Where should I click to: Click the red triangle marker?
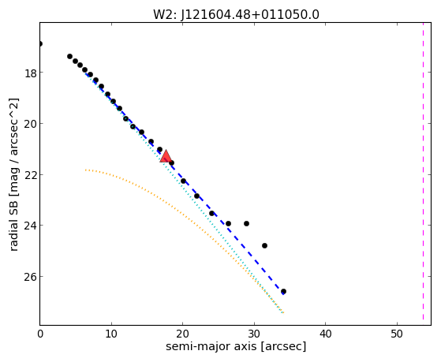[x=166, y=156]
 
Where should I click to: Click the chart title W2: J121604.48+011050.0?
[x=236, y=14]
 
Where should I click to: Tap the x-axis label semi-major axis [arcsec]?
[x=236, y=346]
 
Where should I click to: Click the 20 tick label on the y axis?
[x=30, y=124]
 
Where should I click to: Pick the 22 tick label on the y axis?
[x=30, y=174]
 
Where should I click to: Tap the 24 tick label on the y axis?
[x=30, y=226]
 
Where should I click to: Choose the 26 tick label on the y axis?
[x=30, y=277]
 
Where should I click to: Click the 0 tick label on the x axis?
[x=40, y=334]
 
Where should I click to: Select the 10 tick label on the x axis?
[x=111, y=334]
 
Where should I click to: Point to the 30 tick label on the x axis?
[x=254, y=334]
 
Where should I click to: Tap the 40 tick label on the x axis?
[x=325, y=334]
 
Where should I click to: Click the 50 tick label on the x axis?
[x=397, y=334]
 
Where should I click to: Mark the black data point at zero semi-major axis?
[x=40, y=43]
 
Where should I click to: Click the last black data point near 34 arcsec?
[x=283, y=291]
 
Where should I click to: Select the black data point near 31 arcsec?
[x=264, y=245]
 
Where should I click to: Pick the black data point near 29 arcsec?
[x=246, y=224]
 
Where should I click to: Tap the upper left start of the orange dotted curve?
[x=85, y=170]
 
